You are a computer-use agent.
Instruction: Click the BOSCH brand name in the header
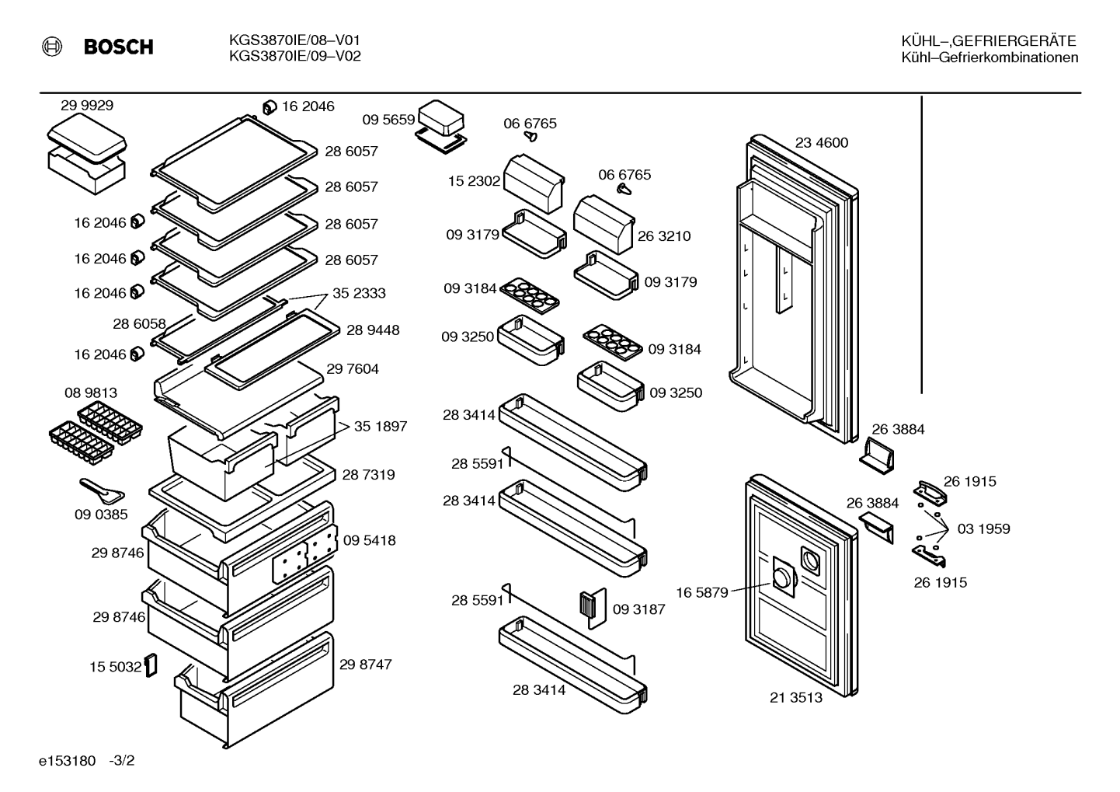click(119, 47)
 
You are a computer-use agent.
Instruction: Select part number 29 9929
click(87, 106)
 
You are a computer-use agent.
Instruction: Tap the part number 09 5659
click(388, 120)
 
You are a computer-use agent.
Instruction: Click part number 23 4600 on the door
click(822, 143)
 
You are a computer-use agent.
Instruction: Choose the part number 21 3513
click(796, 697)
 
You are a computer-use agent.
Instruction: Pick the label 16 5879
click(702, 593)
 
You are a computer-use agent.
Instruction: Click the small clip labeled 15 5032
click(151, 665)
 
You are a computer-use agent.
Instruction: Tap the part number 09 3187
click(639, 609)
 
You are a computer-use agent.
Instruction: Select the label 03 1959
click(983, 529)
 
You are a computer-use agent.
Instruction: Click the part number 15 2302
click(474, 181)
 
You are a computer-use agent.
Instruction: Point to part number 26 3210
click(664, 236)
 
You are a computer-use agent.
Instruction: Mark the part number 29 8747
click(366, 665)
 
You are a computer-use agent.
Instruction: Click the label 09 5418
click(370, 540)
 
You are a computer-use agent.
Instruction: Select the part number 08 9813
click(91, 393)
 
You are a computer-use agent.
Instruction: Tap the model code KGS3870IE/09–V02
click(295, 56)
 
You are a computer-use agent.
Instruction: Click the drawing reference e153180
click(67, 761)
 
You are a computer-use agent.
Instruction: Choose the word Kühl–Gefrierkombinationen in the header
click(990, 58)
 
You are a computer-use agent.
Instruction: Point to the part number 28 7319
click(368, 475)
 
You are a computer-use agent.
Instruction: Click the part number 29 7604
click(353, 369)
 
